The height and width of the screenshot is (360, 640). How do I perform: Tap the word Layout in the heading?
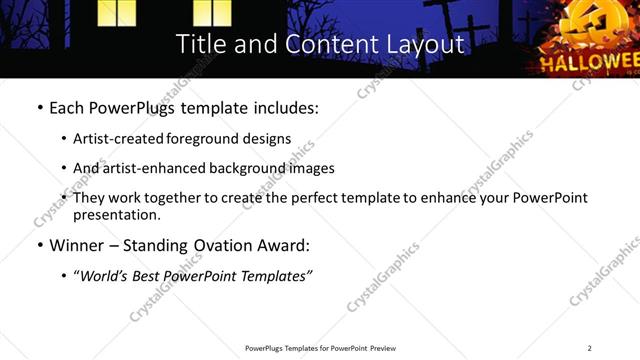pyautogui.click(x=419, y=45)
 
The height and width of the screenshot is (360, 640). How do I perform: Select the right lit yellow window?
pyautogui.click(x=211, y=12)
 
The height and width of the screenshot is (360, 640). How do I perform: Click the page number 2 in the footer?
pyautogui.click(x=590, y=348)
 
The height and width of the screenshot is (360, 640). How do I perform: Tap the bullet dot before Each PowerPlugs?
pyautogui.click(x=39, y=108)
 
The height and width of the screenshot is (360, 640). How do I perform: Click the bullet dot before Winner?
pyautogui.click(x=39, y=245)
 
